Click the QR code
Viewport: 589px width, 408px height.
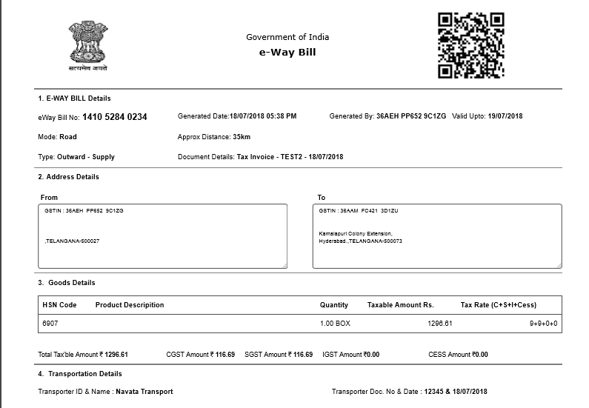pyautogui.click(x=470, y=45)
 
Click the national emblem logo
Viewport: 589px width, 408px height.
pyautogui.click(x=88, y=45)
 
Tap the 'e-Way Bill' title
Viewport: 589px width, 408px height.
pyautogui.click(x=287, y=53)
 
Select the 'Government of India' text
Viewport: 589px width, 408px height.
pyautogui.click(x=287, y=37)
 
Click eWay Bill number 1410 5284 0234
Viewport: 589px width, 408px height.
pyautogui.click(x=115, y=117)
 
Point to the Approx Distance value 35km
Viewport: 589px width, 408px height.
pyautogui.click(x=242, y=137)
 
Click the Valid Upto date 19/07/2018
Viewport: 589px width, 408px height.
pyautogui.click(x=505, y=116)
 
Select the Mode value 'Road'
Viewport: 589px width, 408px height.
pyautogui.click(x=68, y=137)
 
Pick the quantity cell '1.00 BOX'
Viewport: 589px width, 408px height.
pyautogui.click(x=335, y=324)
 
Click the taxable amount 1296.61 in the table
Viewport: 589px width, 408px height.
pyautogui.click(x=439, y=324)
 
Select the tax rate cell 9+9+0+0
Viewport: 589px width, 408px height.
pyautogui.click(x=542, y=324)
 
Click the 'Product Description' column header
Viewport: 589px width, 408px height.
pyautogui.click(x=130, y=305)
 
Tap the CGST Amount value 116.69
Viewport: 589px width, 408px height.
pyautogui.click(x=222, y=355)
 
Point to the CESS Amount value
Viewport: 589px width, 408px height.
pyautogui.click(x=480, y=355)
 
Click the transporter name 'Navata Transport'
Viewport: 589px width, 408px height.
pyautogui.click(x=144, y=392)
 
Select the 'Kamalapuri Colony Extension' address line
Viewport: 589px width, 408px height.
pyautogui.click(x=356, y=234)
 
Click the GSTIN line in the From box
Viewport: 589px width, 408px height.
pyautogui.click(x=84, y=211)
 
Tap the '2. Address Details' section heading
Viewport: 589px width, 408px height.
pyautogui.click(x=68, y=177)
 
